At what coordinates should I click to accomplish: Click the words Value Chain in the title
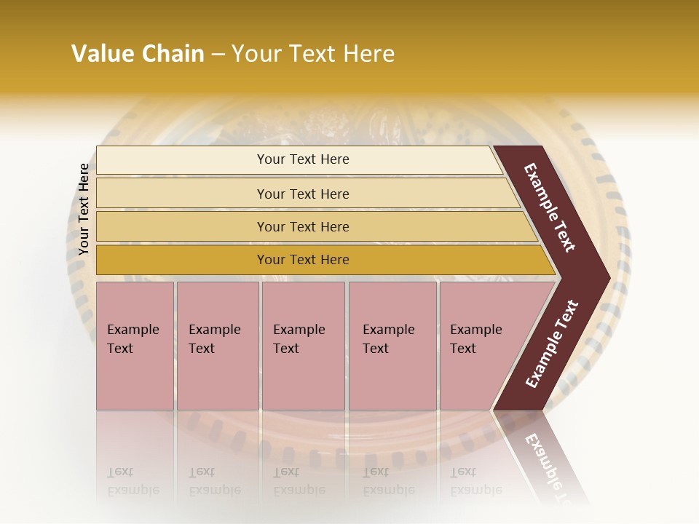tap(138, 54)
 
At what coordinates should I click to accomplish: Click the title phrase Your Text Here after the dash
tap(313, 54)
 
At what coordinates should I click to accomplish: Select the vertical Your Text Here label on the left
tap(84, 209)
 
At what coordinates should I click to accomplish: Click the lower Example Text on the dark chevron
tap(552, 344)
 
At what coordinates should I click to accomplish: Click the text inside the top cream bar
tap(303, 159)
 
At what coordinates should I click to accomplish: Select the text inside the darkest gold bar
tap(303, 260)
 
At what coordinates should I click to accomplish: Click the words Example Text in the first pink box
tap(133, 338)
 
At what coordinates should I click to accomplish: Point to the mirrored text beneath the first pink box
tap(133, 482)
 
